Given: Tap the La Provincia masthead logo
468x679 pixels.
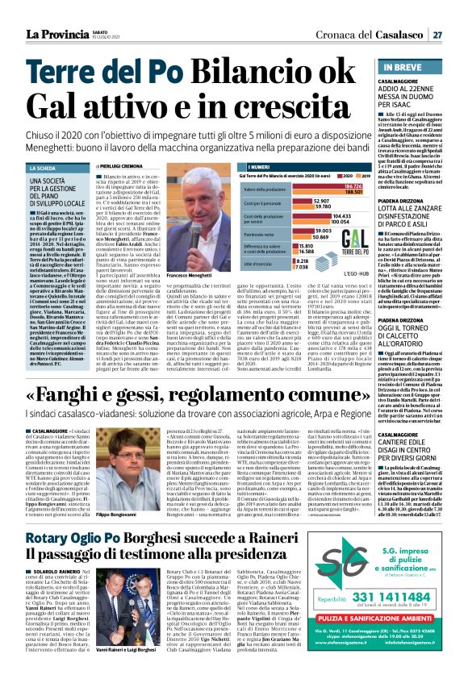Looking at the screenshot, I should click(x=57, y=34).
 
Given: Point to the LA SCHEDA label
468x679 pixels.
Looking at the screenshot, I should click(x=42, y=169).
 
